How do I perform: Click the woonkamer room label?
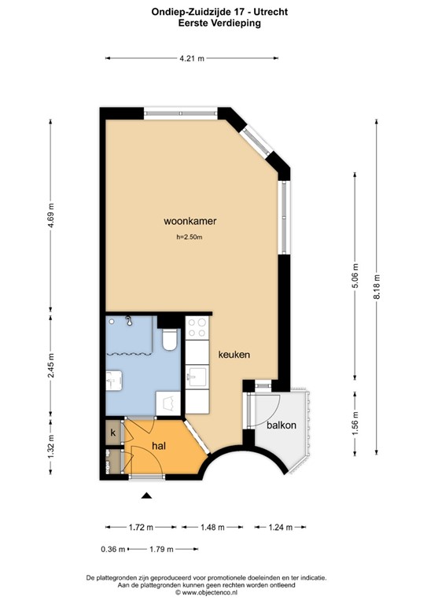(x=190, y=221)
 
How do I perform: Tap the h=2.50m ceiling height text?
(x=190, y=238)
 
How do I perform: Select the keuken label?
(x=234, y=355)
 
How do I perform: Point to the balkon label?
(x=282, y=425)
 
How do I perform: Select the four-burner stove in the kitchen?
(x=197, y=327)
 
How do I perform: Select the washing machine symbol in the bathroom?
(x=169, y=403)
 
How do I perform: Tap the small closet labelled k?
(x=113, y=433)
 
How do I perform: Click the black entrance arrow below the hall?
(x=145, y=495)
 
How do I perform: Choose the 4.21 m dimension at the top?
(x=191, y=58)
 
